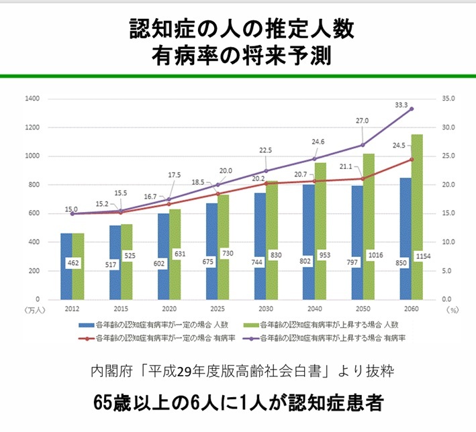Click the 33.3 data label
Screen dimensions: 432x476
(x=401, y=105)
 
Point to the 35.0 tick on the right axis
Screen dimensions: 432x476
(x=449, y=99)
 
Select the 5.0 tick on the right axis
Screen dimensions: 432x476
(x=449, y=270)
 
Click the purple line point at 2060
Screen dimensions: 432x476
(x=412, y=109)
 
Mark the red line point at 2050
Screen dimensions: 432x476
(x=363, y=178)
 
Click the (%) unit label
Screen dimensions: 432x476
(x=452, y=311)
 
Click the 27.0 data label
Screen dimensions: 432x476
(x=362, y=121)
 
